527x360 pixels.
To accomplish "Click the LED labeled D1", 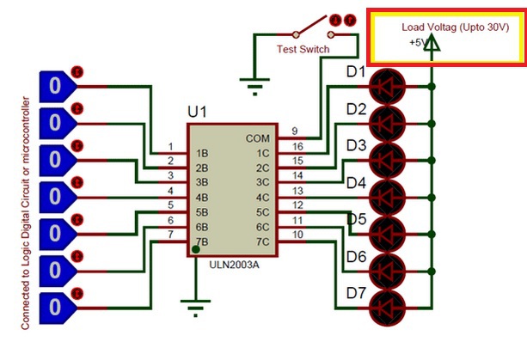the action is pos(387,87).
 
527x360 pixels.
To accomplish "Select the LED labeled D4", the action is pos(387,198).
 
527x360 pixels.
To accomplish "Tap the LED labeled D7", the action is pos(387,308).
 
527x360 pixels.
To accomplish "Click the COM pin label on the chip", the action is pos(257,138).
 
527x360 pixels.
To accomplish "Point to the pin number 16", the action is pos(297,146).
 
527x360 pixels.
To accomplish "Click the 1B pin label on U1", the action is pos(202,153).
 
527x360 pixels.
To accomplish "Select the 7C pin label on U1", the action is pos(263,241).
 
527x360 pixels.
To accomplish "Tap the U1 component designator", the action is pos(197,112).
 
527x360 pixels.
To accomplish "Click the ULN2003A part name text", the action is pos(234,265).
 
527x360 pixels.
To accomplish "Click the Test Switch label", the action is pos(303,49).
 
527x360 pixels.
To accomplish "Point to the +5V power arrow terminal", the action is pos(432,43).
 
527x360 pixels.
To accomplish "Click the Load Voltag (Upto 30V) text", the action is pos(456,27).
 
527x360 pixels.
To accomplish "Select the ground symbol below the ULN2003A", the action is pos(196,308).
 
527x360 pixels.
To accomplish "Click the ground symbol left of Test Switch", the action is pos(254,87).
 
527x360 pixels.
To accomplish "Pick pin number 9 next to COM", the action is pos(295,131).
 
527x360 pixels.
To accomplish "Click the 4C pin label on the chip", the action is pos(263,198).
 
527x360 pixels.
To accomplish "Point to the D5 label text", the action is pos(356,219).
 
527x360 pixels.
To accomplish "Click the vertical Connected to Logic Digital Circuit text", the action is pos(26,213).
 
